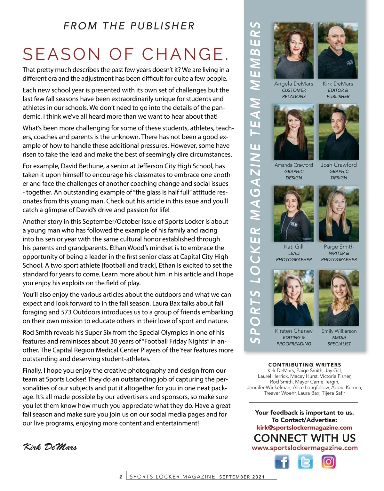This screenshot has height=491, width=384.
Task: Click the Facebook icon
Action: [x=282, y=462]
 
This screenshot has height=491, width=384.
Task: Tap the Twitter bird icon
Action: [x=305, y=462]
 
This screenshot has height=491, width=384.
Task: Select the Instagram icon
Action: [x=328, y=462]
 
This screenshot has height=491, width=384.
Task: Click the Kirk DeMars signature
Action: [x=50, y=447]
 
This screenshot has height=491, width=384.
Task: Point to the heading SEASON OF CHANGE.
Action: [x=126, y=54]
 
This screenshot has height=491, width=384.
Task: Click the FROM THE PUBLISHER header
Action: [x=129, y=26]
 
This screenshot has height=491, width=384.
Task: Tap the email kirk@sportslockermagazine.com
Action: [x=304, y=427]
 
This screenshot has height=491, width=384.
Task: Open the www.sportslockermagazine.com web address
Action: [x=305, y=447]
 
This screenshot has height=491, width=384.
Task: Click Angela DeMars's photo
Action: [x=294, y=51]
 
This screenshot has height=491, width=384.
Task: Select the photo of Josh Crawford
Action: [x=339, y=132]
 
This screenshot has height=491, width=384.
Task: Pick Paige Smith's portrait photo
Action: [x=339, y=214]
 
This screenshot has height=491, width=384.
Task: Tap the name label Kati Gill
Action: [x=294, y=247]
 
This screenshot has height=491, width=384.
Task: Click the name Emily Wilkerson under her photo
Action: [x=339, y=331]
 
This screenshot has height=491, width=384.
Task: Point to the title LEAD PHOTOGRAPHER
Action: [x=294, y=256]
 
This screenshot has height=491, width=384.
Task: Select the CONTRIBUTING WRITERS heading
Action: [x=305, y=365]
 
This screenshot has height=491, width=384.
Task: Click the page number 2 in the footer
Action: [x=121, y=477]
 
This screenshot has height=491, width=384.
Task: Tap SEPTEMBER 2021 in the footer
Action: [x=242, y=477]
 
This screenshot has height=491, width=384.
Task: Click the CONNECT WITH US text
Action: [x=305, y=438]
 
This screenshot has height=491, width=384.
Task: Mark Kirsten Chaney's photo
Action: [x=294, y=298]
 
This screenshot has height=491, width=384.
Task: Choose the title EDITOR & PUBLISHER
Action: [x=338, y=93]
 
